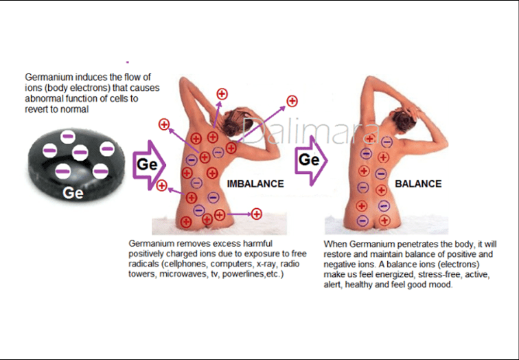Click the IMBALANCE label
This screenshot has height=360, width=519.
click(x=255, y=183)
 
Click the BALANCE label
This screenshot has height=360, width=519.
click(x=418, y=183)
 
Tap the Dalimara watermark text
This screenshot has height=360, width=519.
click(x=301, y=131)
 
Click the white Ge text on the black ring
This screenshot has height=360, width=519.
click(x=73, y=193)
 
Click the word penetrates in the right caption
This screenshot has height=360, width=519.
click(x=415, y=244)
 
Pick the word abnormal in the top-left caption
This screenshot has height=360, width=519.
click(x=44, y=98)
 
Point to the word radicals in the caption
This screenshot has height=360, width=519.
click(x=144, y=264)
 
